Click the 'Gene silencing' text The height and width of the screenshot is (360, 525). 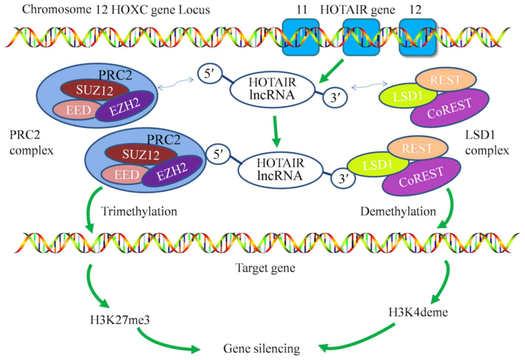(261, 349)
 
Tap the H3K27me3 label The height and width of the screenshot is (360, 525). (120, 320)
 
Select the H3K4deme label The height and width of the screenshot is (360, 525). (418, 312)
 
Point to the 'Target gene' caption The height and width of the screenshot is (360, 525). (265, 268)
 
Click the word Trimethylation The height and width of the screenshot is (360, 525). (139, 211)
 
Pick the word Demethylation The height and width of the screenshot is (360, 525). (398, 211)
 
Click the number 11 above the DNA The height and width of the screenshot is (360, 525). (302, 10)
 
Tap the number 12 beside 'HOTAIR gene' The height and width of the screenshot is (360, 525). (415, 10)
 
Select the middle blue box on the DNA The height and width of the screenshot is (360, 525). (361, 37)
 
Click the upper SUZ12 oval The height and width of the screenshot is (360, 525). (95, 90)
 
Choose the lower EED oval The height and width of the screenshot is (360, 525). (124, 175)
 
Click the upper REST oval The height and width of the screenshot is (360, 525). (445, 80)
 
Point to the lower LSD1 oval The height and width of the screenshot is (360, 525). (377, 164)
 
